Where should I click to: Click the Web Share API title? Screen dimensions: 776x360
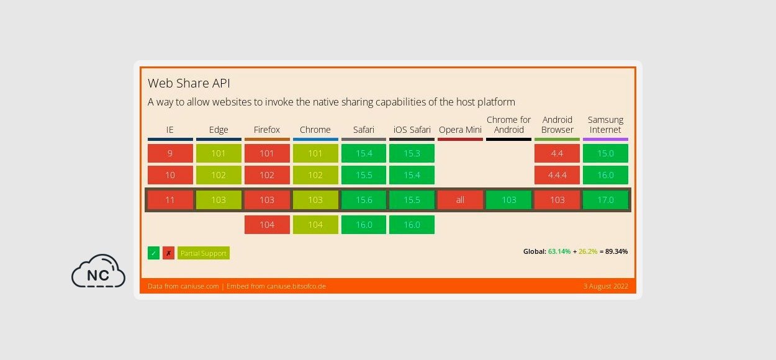[x=189, y=83]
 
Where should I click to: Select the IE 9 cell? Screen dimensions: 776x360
[x=170, y=153]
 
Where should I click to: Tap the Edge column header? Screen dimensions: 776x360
[x=219, y=130]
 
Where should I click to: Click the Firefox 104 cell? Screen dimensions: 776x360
[x=267, y=225]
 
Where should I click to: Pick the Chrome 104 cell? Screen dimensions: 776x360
[x=315, y=225]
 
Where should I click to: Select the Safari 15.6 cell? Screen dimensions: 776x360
[x=364, y=200]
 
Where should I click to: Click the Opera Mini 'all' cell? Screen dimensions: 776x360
[x=460, y=200]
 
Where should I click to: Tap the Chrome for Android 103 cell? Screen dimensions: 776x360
[x=508, y=200]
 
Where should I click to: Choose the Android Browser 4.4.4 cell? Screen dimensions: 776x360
[x=557, y=175]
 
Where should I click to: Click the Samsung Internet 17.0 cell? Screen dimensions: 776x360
[x=605, y=200]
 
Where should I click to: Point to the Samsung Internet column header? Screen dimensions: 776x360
[x=605, y=125]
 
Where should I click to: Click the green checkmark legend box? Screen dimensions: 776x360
[x=153, y=253]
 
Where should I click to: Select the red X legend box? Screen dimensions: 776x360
[x=168, y=253]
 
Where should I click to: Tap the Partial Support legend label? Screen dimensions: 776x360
[x=204, y=253]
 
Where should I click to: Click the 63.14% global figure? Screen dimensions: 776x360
[x=559, y=251]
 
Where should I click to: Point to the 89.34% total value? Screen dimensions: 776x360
[x=616, y=251]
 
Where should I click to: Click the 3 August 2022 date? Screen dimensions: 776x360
[x=605, y=286]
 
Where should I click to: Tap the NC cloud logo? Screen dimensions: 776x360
[x=98, y=271]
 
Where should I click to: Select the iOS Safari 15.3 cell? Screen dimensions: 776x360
[x=412, y=153]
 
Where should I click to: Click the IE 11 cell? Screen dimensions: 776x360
[x=170, y=200]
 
